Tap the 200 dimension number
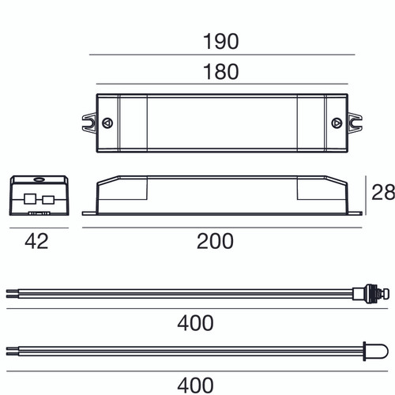tap(215, 241)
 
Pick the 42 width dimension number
tap(36, 241)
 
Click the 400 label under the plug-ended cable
tap(195, 322)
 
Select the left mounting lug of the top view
tap(88, 122)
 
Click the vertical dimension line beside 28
tap(369, 194)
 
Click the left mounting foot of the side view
tap(89, 211)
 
